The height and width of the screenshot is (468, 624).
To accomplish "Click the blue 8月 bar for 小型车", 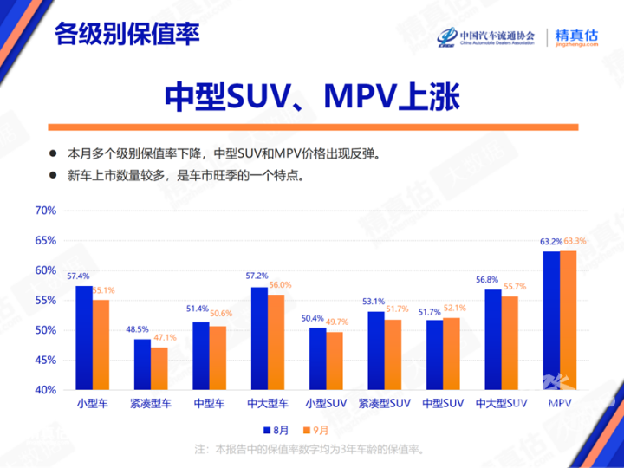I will pyautogui.click(x=84, y=338).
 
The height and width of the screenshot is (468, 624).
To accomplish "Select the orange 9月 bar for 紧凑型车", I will pyautogui.click(x=158, y=368).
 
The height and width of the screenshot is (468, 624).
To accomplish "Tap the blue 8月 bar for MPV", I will pyautogui.click(x=551, y=321).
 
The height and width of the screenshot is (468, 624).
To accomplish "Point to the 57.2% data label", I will pyautogui.click(x=257, y=276).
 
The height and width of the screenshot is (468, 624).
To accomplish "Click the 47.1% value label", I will pyautogui.click(x=163, y=337).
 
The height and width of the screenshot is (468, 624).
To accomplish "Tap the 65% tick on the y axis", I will pyautogui.click(x=45, y=240).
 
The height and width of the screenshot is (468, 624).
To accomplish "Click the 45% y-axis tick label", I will pyautogui.click(x=45, y=360).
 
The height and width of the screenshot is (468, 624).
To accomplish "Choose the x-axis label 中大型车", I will pyautogui.click(x=265, y=403).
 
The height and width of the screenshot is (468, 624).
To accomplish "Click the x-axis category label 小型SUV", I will pyautogui.click(x=326, y=403).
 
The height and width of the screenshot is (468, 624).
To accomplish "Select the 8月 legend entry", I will pyautogui.click(x=276, y=429).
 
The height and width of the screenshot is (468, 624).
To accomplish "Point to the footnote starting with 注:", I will pyautogui.click(x=311, y=449).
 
